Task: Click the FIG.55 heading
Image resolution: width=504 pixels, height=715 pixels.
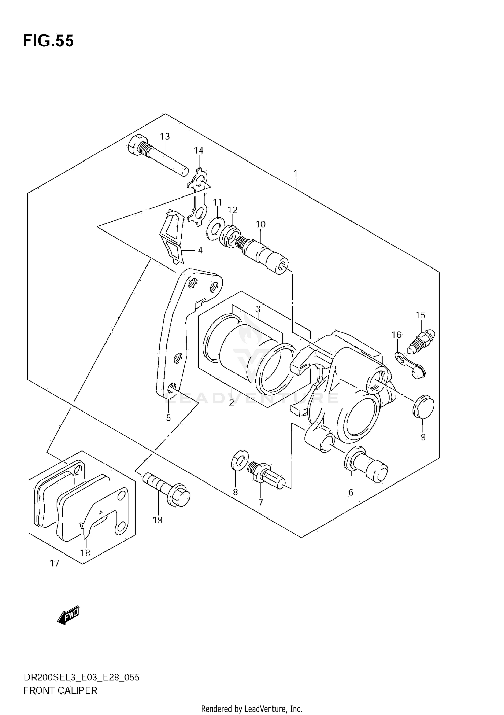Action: [48, 41]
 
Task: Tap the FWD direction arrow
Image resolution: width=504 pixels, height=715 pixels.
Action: [69, 616]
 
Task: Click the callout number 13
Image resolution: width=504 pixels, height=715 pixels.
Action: [165, 137]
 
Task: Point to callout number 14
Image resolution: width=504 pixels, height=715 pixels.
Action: [199, 150]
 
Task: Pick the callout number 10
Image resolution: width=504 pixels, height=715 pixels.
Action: [261, 224]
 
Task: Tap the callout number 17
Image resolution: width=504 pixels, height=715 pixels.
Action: [54, 563]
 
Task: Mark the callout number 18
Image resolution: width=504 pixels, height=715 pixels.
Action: [85, 553]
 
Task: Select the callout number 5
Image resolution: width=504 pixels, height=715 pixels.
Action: [168, 418]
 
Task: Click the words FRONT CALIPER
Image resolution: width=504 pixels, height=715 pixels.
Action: [60, 690]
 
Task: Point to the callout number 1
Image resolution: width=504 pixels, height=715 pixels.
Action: [295, 174]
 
